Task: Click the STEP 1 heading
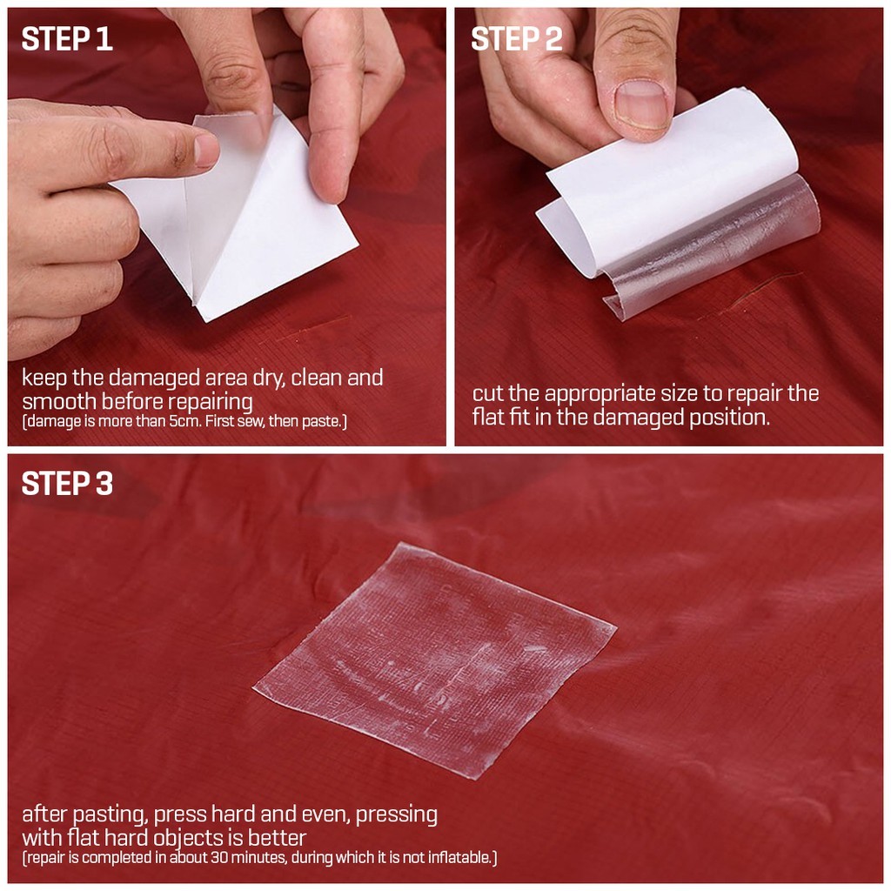tap(67, 39)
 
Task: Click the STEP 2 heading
tap(517, 39)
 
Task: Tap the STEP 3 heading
tap(67, 484)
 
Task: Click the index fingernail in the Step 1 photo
tap(205, 150)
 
